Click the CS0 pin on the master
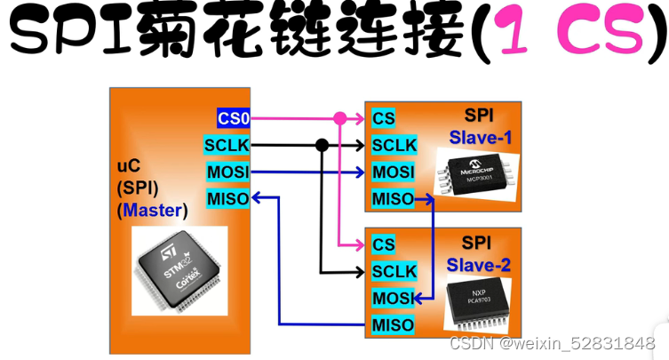coord(234,117)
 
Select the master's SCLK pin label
coord(227,144)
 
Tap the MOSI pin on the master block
coord(227,171)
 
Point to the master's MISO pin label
coord(227,197)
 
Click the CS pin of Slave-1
coord(384,118)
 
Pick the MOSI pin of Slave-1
coord(391,172)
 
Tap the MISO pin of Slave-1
coord(391,198)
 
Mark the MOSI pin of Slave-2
coord(391,297)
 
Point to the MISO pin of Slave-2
coord(391,324)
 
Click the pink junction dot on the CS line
coord(339,118)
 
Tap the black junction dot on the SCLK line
coord(322,145)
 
